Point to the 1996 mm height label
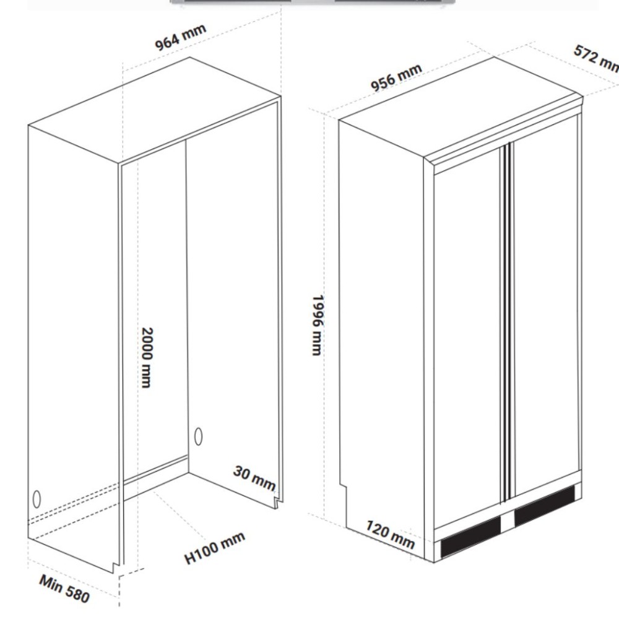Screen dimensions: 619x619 [x=318, y=324]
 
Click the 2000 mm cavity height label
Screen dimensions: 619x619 [x=145, y=357]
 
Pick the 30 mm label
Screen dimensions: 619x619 [x=254, y=478]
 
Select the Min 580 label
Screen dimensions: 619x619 [x=64, y=589]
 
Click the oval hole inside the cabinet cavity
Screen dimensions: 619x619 [x=199, y=436]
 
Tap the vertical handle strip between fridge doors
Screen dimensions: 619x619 [x=508, y=322]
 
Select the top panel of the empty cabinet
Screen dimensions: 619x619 [x=155, y=108]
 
